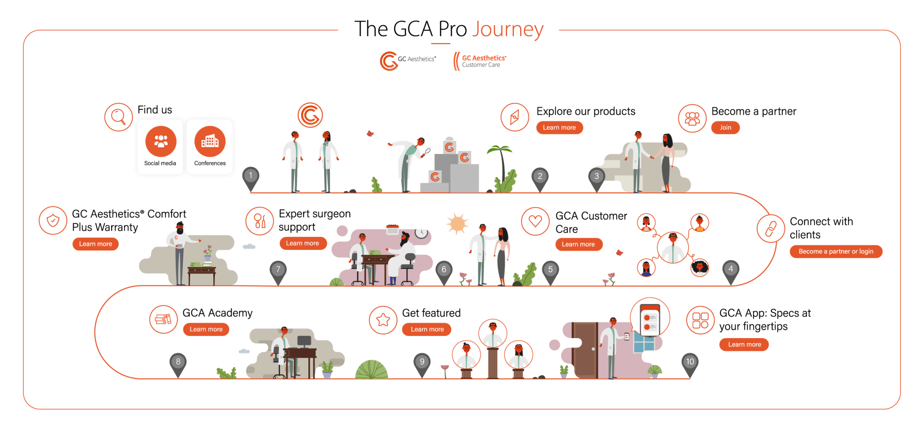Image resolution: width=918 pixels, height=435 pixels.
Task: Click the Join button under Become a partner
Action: coord(725,128)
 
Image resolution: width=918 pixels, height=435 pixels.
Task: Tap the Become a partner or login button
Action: coord(836,252)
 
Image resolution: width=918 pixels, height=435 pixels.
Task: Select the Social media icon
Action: coord(161,142)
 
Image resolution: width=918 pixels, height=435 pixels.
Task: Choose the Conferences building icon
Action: coord(210,142)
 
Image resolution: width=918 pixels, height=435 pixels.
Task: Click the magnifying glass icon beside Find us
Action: coord(118,117)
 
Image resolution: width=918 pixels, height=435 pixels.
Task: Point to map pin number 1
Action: coord(251,179)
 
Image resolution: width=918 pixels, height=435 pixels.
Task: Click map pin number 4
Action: coord(731,272)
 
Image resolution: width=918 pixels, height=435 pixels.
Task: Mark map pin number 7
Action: coord(278,272)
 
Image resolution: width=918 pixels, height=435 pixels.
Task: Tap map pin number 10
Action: coord(690,365)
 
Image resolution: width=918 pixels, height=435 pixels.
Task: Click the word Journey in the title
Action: coord(508,30)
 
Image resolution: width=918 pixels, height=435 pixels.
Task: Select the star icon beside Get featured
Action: coord(383,320)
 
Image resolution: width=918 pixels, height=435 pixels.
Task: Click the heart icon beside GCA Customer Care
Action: coord(535,221)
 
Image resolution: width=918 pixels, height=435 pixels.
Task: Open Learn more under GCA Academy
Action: coord(206,330)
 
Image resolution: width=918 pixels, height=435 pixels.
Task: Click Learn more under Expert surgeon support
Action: coord(303,244)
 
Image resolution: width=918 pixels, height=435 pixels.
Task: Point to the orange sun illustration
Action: coord(457,223)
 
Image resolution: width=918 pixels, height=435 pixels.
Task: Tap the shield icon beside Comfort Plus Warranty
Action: coord(53,221)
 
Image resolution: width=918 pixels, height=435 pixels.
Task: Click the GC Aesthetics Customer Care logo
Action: coord(480,61)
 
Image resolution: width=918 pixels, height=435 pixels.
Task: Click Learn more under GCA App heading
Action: coord(744,345)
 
